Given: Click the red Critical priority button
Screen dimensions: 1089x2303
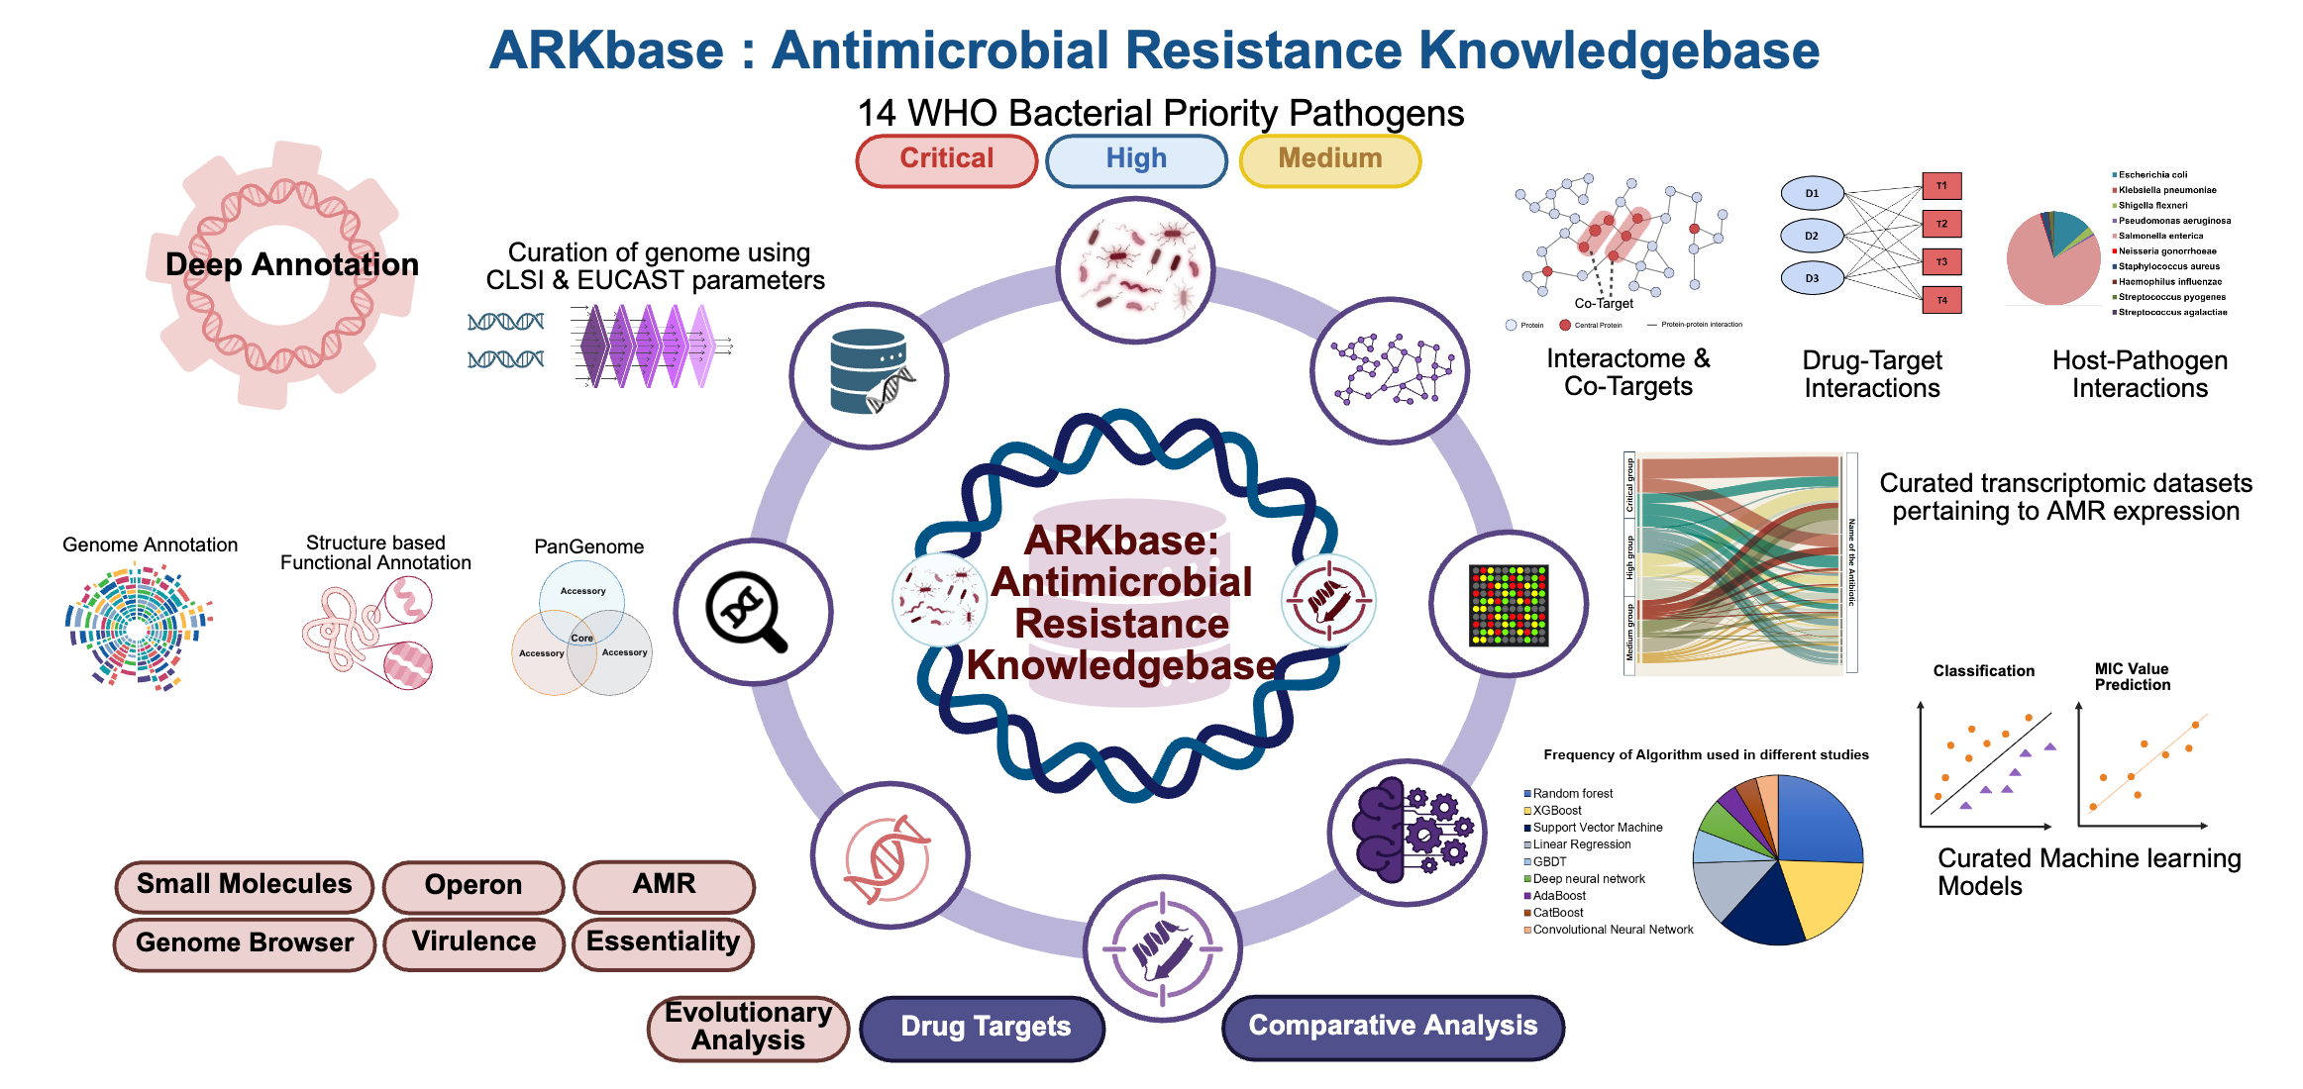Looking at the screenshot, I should tap(946, 160).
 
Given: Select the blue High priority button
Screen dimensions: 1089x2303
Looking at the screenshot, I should tap(1136, 160).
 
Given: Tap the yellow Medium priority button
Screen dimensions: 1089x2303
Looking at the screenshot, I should tap(1329, 160).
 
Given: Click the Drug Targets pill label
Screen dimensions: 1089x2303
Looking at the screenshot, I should tap(985, 1027).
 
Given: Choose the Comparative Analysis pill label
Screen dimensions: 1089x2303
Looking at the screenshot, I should tap(1393, 1026).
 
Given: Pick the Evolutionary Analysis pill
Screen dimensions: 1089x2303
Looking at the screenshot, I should tap(749, 1027).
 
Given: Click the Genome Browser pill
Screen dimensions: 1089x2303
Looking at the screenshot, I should tap(245, 942).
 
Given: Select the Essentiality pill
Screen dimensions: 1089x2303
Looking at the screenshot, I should tap(663, 941).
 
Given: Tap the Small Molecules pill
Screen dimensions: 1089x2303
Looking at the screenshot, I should tap(244, 884).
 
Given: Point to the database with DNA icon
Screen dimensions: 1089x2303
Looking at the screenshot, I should tap(869, 373).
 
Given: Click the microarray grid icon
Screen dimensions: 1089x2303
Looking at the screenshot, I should tap(1508, 605).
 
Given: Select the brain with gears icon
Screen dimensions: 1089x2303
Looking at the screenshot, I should tap(1406, 831).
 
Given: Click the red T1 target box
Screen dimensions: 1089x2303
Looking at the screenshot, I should tap(1941, 186).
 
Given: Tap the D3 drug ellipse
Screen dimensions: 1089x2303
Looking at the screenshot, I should tap(1812, 278).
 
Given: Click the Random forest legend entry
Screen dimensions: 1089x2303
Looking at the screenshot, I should tap(1572, 794).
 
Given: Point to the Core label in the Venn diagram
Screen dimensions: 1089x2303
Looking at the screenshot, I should tap(582, 639).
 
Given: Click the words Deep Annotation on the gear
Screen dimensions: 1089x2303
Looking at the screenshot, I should tap(292, 265).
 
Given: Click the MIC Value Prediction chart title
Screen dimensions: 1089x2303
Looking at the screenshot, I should tap(2132, 677).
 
